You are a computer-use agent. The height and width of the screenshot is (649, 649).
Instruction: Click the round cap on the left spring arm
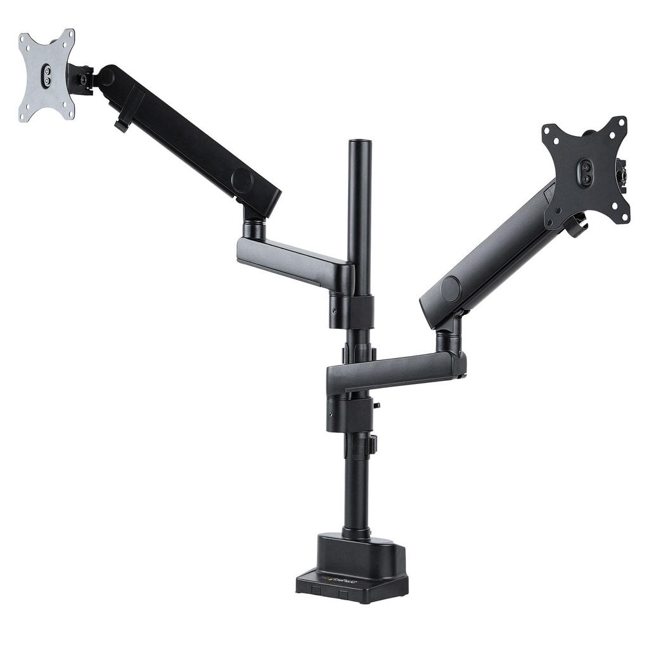[241, 180]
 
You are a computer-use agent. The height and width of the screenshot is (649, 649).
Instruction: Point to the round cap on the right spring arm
[451, 288]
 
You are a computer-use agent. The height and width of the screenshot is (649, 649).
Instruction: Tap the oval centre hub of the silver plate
[47, 77]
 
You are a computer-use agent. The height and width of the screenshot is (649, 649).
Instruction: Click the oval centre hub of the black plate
[586, 172]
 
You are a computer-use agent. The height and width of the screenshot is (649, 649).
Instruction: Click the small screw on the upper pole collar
[334, 311]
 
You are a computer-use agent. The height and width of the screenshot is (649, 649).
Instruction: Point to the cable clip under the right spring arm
[578, 227]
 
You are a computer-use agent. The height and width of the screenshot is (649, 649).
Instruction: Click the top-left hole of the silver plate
[25, 40]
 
